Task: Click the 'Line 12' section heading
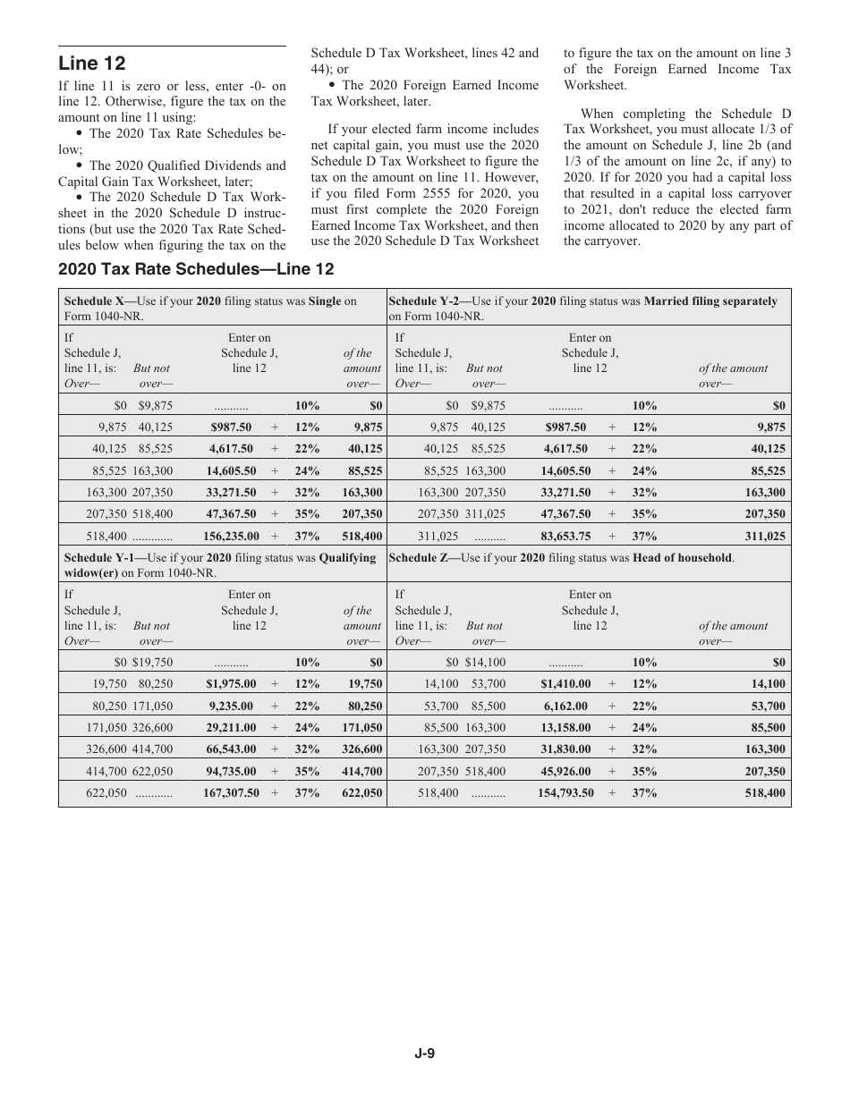click(x=92, y=63)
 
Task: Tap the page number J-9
click(x=424, y=1053)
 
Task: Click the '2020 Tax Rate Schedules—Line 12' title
click(x=196, y=269)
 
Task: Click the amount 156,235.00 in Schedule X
click(x=231, y=537)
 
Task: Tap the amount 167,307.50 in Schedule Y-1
click(x=231, y=793)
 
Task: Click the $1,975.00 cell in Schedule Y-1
click(x=231, y=684)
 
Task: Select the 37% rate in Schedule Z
click(x=644, y=793)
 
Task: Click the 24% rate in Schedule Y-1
click(x=307, y=728)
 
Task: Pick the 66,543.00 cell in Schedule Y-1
click(x=231, y=749)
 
